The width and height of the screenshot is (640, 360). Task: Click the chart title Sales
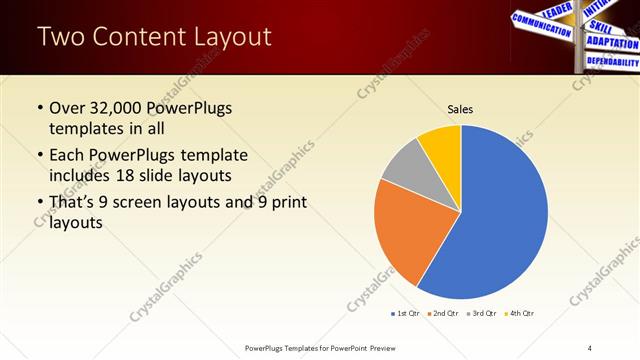point(460,109)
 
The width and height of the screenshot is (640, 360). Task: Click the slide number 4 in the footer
point(590,347)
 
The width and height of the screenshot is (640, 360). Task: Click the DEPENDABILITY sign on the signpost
point(612,62)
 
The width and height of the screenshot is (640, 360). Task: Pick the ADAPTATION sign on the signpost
point(612,43)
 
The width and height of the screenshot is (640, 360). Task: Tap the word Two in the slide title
point(59,38)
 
